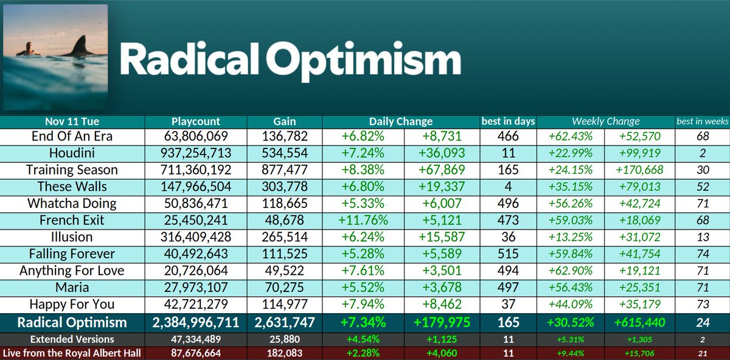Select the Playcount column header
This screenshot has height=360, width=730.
pyautogui.click(x=196, y=121)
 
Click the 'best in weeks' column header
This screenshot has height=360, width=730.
pyautogui.click(x=703, y=121)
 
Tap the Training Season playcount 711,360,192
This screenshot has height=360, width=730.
pyautogui.click(x=196, y=170)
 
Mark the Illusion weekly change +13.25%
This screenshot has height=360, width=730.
pyautogui.click(x=571, y=237)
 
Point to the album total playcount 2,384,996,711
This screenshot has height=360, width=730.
pyautogui.click(x=196, y=322)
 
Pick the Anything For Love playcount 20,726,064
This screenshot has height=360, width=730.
pyautogui.click(x=196, y=269)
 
